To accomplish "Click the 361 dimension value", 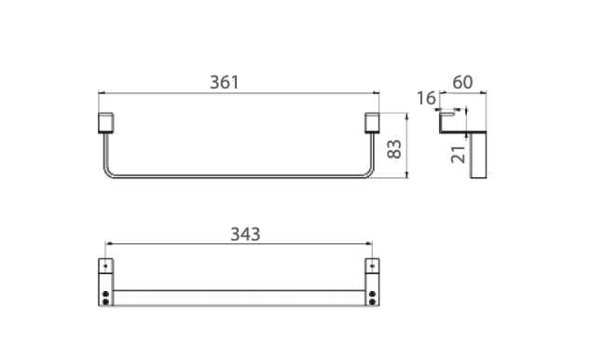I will (x=225, y=82).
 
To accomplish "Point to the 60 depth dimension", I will (x=461, y=82).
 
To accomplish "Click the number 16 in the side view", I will (x=427, y=98).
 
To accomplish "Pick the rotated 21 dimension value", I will (x=458, y=154).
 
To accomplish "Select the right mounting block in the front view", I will (x=372, y=123).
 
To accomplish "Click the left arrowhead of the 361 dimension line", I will (x=102, y=93).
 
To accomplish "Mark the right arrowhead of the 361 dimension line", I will (x=378, y=93).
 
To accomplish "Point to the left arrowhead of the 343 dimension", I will (x=109, y=245).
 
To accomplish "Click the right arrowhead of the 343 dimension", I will (x=371, y=245).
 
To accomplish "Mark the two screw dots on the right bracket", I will (x=373, y=298).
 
